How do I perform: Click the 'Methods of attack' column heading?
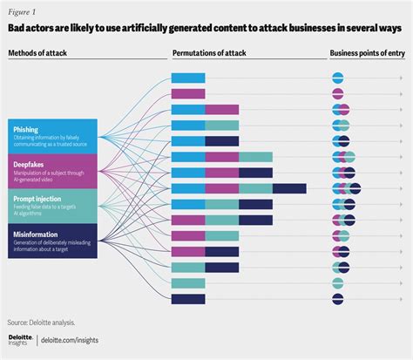click(40, 53)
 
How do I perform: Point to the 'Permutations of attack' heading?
click(208, 53)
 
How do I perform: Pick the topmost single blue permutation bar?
click(187, 78)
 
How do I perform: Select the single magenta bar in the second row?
click(187, 94)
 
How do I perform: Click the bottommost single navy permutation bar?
click(187, 299)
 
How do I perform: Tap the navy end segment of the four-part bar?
click(288, 188)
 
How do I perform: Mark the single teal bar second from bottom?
click(187, 283)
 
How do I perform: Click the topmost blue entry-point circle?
click(338, 78)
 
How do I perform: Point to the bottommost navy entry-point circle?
click(338, 299)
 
